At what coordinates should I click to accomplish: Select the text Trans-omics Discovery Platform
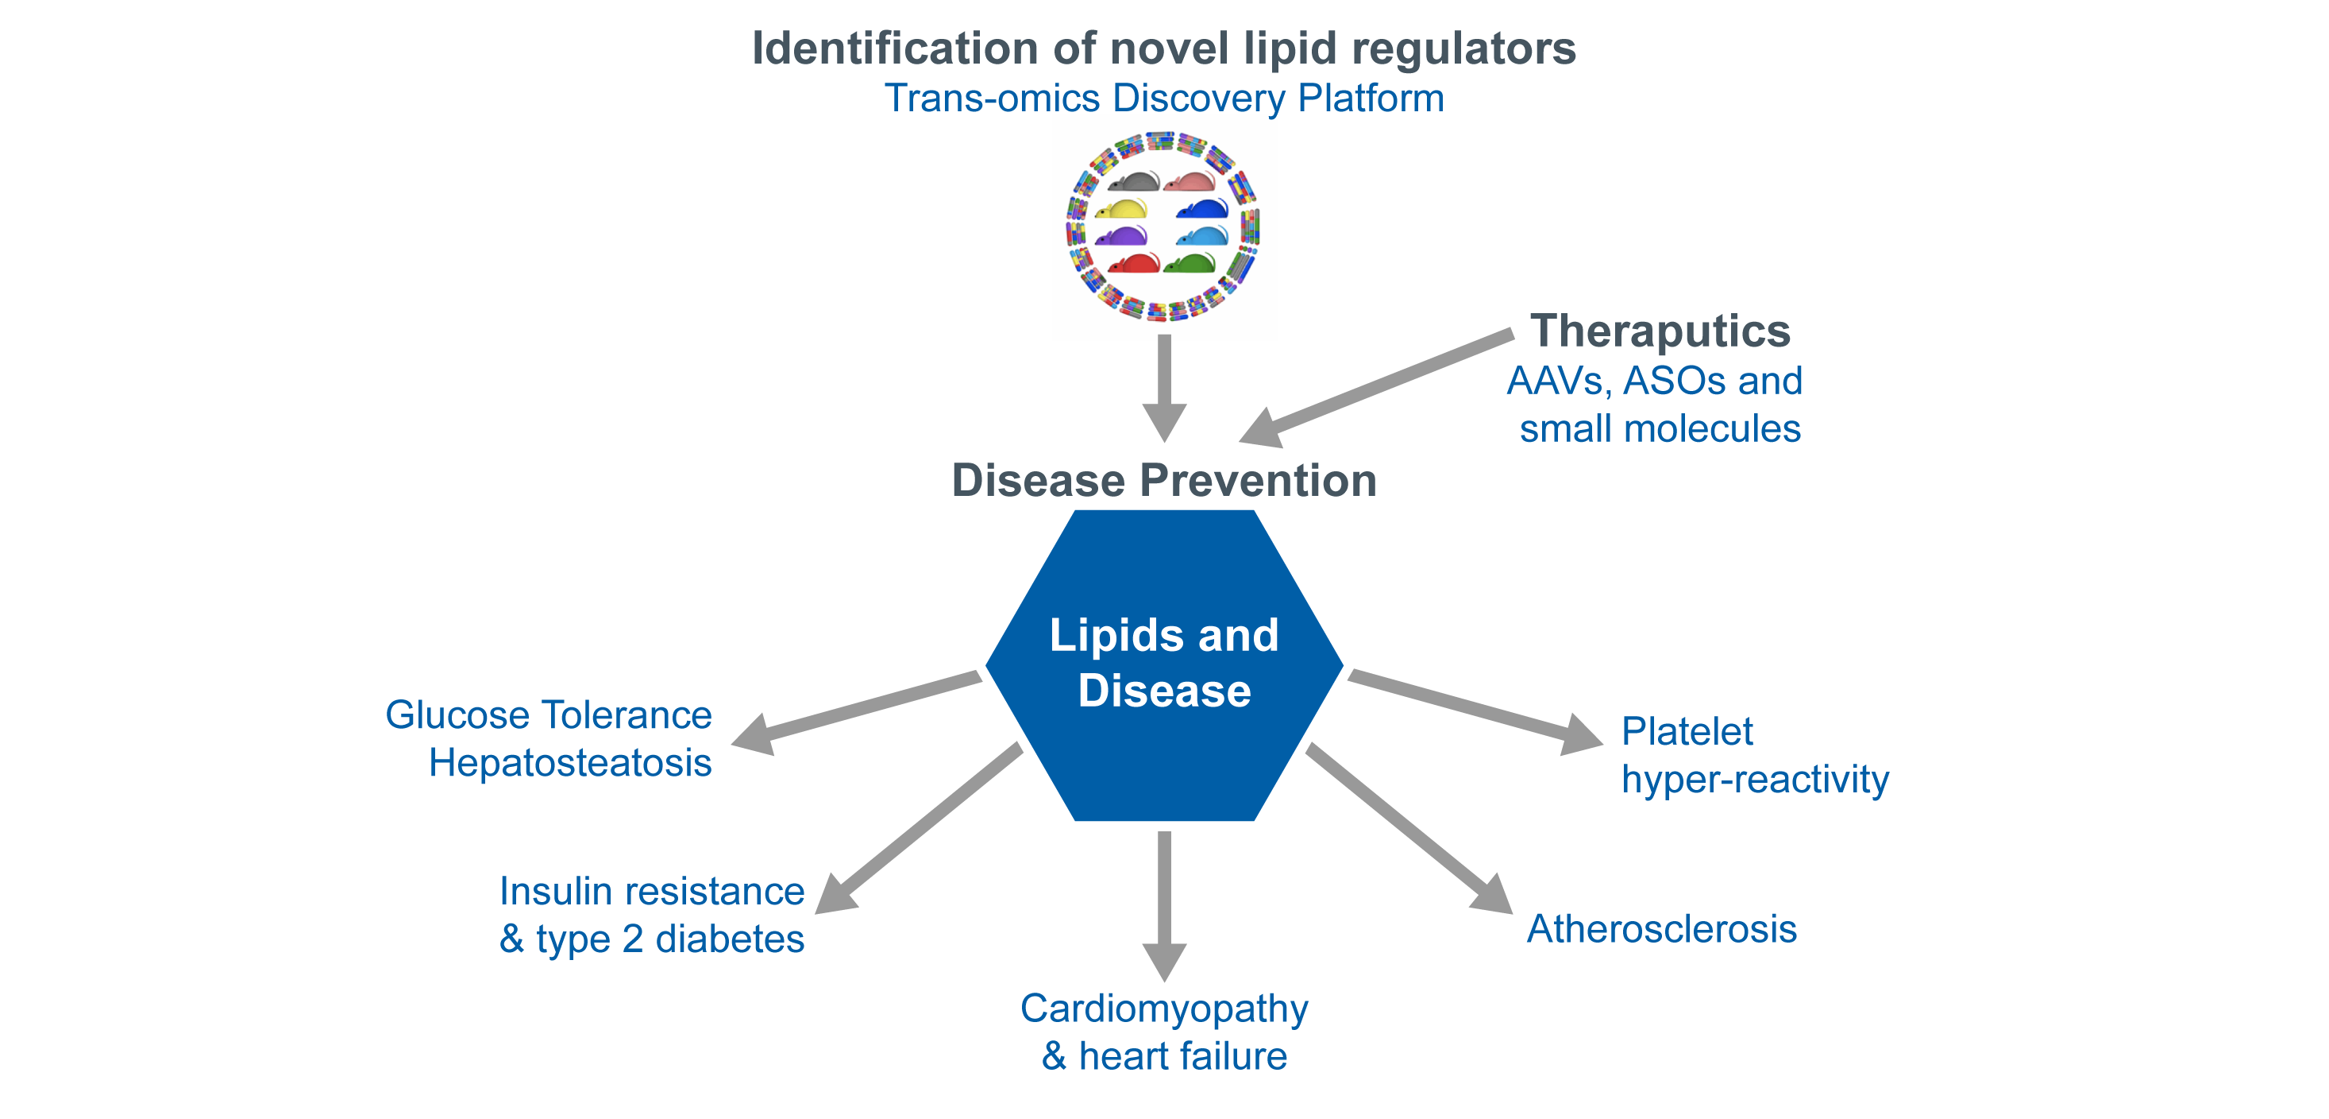click(x=1163, y=98)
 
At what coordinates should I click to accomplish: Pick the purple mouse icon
click(x=1121, y=237)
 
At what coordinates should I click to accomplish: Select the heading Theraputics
click(x=1659, y=331)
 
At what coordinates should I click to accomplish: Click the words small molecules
click(x=1659, y=429)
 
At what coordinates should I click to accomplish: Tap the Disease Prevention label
click(x=1163, y=480)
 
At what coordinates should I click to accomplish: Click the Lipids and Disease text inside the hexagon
click(x=1163, y=663)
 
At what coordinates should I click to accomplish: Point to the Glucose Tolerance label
click(x=548, y=715)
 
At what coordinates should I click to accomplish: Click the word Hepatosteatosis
click(x=569, y=764)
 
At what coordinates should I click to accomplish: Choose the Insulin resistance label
click(x=651, y=892)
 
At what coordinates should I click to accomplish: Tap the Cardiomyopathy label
click(x=1163, y=1009)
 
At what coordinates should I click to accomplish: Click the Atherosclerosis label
click(x=1661, y=929)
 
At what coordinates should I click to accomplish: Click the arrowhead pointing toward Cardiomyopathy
click(x=1164, y=961)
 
